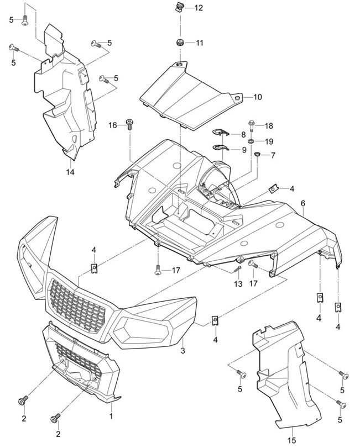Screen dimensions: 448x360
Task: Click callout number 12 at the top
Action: (x=198, y=8)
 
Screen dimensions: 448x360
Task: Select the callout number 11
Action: (x=199, y=43)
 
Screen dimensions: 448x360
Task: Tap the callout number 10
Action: (x=258, y=97)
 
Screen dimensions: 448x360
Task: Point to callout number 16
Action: (x=113, y=125)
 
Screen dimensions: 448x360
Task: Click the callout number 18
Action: (x=269, y=126)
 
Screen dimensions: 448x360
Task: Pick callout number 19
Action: (x=269, y=141)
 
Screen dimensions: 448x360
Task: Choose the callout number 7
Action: (x=273, y=155)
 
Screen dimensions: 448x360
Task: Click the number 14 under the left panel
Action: (x=71, y=171)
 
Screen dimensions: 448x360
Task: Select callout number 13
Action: (x=238, y=284)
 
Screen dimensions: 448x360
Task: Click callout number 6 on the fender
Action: (x=302, y=203)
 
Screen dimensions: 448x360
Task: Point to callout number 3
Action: (x=182, y=351)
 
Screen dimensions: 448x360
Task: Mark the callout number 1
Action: (x=111, y=415)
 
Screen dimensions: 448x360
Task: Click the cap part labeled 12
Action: (x=179, y=7)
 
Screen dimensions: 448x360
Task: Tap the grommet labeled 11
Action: (x=180, y=43)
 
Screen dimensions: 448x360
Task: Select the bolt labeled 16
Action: (x=129, y=124)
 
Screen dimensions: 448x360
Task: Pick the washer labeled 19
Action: (x=252, y=142)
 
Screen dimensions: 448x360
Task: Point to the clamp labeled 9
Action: (x=222, y=147)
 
